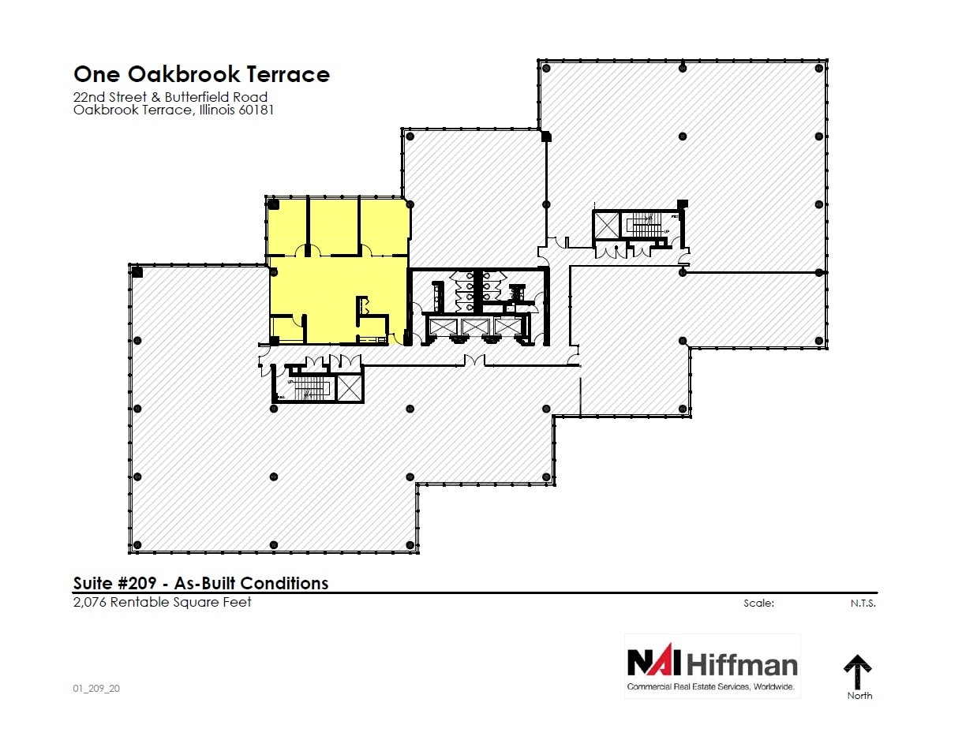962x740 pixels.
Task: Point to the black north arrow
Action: tap(857, 671)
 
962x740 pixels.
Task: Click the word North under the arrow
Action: tap(859, 696)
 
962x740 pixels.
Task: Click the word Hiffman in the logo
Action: tap(742, 664)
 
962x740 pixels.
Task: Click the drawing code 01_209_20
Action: tap(96, 688)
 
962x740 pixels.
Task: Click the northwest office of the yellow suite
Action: tap(286, 225)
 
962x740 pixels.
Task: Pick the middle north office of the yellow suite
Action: tap(333, 225)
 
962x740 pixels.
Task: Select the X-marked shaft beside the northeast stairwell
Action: tap(607, 225)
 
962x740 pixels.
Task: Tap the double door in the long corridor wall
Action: tap(474, 361)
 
